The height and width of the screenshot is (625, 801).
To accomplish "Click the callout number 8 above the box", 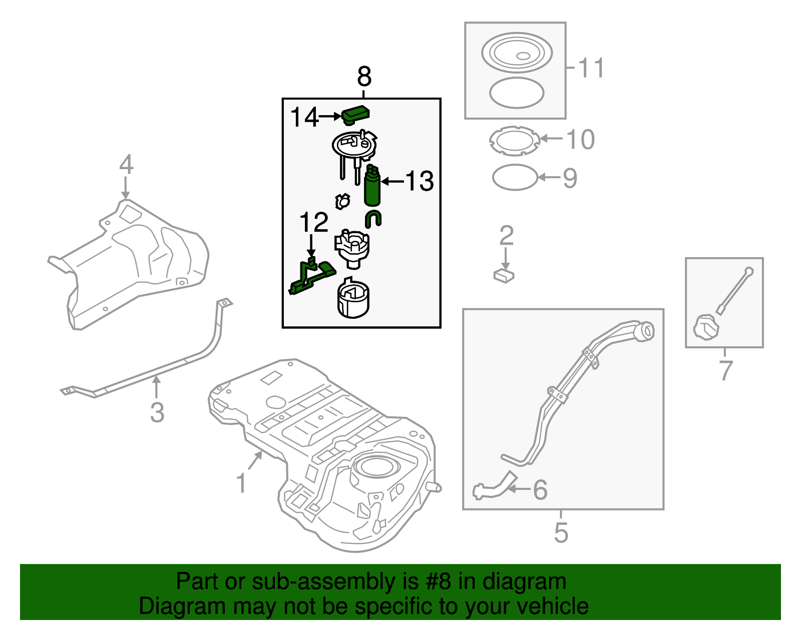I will (364, 78).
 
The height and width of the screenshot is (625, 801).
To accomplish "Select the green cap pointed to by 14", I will (355, 115).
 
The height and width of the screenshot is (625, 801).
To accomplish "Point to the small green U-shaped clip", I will (373, 219).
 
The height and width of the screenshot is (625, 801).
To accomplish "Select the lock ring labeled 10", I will (515, 141).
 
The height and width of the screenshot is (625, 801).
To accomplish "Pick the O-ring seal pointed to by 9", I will (515, 178).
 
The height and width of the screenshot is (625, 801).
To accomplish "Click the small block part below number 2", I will (504, 275).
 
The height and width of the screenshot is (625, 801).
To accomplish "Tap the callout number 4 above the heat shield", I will (126, 165).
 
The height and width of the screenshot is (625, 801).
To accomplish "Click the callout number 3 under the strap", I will (157, 413).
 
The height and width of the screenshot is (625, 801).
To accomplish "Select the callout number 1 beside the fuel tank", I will (241, 483).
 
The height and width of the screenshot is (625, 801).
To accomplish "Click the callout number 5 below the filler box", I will (561, 532).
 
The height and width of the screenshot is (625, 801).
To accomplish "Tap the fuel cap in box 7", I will (705, 328).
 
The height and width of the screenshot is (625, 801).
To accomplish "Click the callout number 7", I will (725, 371).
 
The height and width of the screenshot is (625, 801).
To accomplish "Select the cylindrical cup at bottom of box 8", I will (353, 300).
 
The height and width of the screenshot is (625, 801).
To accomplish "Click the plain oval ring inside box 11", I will (516, 93).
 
